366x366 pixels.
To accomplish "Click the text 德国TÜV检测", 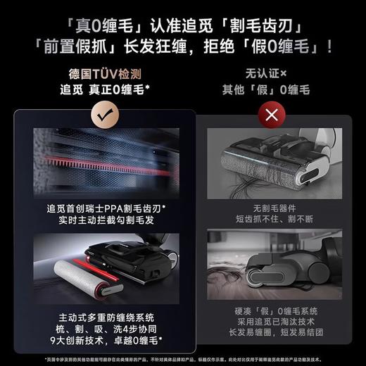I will click(x=103, y=74).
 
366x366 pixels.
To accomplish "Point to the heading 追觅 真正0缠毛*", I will click(x=103, y=89).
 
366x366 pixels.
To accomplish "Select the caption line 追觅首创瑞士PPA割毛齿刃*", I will click(x=103, y=210).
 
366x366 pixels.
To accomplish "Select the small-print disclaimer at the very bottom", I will click(x=183, y=358).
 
